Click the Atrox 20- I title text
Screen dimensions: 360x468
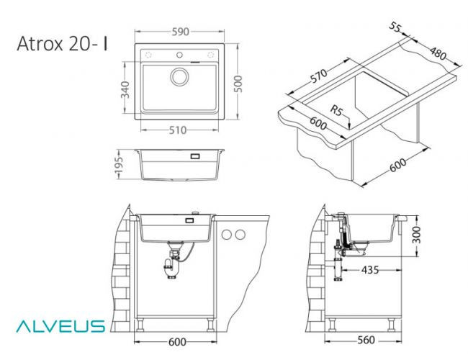[63, 44]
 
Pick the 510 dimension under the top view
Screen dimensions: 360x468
[178, 130]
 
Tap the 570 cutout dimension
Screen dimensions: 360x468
[319, 77]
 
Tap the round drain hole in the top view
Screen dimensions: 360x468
[178, 77]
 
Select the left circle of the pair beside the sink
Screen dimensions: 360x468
[226, 234]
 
